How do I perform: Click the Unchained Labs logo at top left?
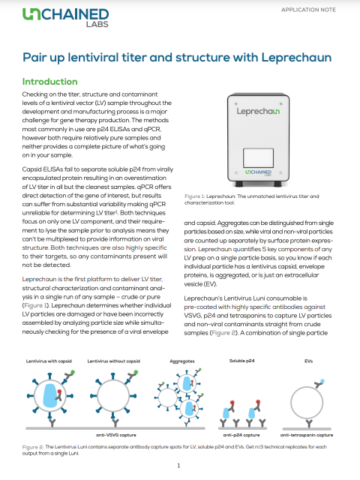(x=65, y=18)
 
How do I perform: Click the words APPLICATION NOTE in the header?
(x=308, y=10)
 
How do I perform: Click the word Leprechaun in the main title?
(x=296, y=58)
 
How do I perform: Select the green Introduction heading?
(x=50, y=82)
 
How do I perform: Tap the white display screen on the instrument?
(x=258, y=158)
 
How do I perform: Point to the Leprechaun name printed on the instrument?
(x=258, y=111)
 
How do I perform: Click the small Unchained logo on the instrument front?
(x=258, y=172)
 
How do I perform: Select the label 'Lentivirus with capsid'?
(x=49, y=361)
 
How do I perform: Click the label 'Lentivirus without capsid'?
(x=113, y=361)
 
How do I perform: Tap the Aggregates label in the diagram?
(x=182, y=361)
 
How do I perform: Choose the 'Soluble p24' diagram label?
(x=241, y=361)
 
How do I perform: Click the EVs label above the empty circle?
(x=308, y=361)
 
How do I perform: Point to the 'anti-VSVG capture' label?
(x=116, y=435)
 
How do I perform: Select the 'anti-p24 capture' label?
(x=241, y=435)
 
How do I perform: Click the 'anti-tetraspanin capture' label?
(x=307, y=435)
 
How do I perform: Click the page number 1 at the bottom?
(x=178, y=466)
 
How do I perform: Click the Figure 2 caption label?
(x=33, y=447)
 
